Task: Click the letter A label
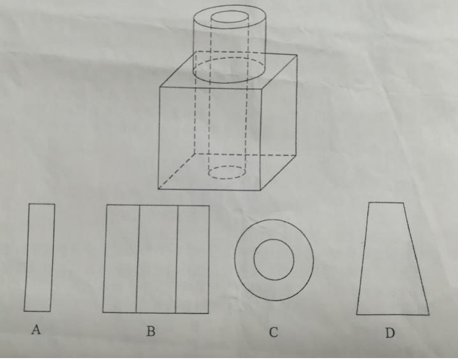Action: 36,329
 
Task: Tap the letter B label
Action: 151,331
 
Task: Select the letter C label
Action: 274,333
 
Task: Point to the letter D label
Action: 390,333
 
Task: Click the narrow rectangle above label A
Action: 40,257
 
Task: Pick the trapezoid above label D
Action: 392,259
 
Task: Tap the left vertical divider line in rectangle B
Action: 138,259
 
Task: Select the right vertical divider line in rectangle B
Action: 177,260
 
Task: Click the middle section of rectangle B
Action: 157,259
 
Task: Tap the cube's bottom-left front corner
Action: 159,189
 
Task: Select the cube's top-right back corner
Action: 297,55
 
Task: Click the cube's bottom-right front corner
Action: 260,190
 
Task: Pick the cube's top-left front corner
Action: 160,87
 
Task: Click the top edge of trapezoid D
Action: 386,202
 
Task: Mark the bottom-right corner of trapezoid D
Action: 429,315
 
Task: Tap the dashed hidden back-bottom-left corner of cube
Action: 195,153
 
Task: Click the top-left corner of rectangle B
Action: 107,205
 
